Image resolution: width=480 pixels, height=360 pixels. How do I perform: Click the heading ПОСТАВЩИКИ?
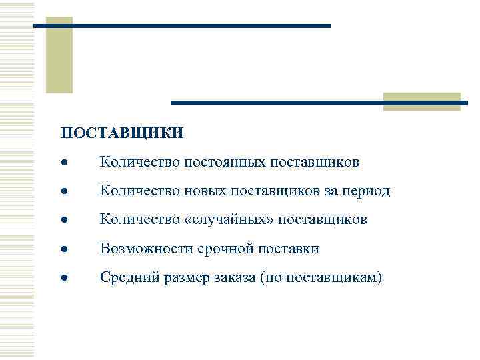(121, 134)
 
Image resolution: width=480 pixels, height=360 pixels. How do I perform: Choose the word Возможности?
(146, 249)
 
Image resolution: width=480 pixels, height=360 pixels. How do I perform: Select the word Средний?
(128, 278)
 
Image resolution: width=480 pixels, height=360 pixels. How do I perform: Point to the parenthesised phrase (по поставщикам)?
(324, 278)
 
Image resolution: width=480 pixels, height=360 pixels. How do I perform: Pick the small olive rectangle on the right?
(421, 101)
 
